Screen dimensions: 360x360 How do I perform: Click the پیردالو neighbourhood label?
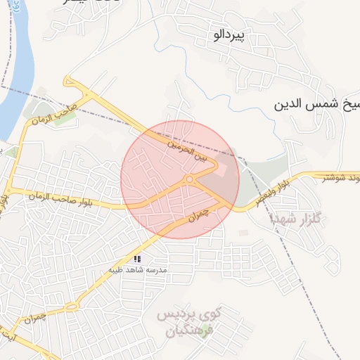(x=231, y=36)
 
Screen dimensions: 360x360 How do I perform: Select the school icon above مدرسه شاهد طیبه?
(x=138, y=259)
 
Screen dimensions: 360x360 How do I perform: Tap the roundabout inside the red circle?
(x=190, y=180)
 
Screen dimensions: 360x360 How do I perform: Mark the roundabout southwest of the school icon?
(x=71, y=307)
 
